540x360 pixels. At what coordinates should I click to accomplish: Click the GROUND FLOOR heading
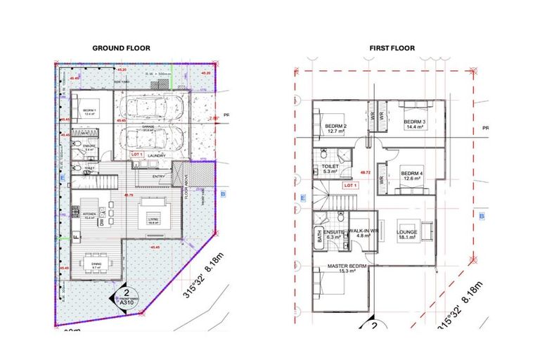(121, 49)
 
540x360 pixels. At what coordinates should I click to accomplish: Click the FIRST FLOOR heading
(392, 49)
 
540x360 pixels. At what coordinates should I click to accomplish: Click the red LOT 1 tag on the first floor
(350, 186)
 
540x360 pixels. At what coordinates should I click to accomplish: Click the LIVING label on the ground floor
(152, 220)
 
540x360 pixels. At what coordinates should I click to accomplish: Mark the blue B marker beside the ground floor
(223, 193)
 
